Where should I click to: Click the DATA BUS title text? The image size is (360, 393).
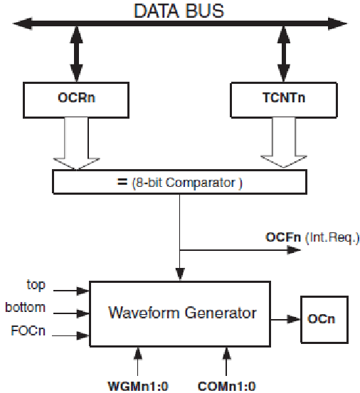tap(179, 11)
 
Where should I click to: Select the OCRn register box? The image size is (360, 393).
tap(76, 100)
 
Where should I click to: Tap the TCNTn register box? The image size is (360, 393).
tap(284, 99)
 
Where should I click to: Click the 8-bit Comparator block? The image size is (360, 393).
tap(179, 182)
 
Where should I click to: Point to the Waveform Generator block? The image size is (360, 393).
tap(180, 314)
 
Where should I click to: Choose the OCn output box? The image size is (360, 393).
tap(324, 320)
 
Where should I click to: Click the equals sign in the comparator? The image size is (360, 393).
tap(122, 182)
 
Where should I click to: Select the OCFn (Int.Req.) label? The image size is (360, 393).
tap(312, 237)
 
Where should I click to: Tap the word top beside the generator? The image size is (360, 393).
tap(36, 285)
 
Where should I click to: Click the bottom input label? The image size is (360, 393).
tap(26, 307)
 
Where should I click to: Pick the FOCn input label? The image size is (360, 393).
tap(28, 330)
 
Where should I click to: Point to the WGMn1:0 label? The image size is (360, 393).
tap(138, 386)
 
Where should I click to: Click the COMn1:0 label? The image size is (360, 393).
tap(226, 386)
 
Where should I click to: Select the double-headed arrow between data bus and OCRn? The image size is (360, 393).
tap(77, 53)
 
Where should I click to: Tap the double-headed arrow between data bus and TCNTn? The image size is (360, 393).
tap(284, 53)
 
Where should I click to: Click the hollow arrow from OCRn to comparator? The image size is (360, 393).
tap(77, 144)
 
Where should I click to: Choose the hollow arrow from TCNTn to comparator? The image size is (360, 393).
tap(284, 142)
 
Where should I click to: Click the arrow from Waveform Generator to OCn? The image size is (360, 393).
tap(285, 320)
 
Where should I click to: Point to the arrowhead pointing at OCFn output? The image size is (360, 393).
tap(294, 250)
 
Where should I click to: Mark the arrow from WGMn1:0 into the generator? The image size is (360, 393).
tap(137, 362)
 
